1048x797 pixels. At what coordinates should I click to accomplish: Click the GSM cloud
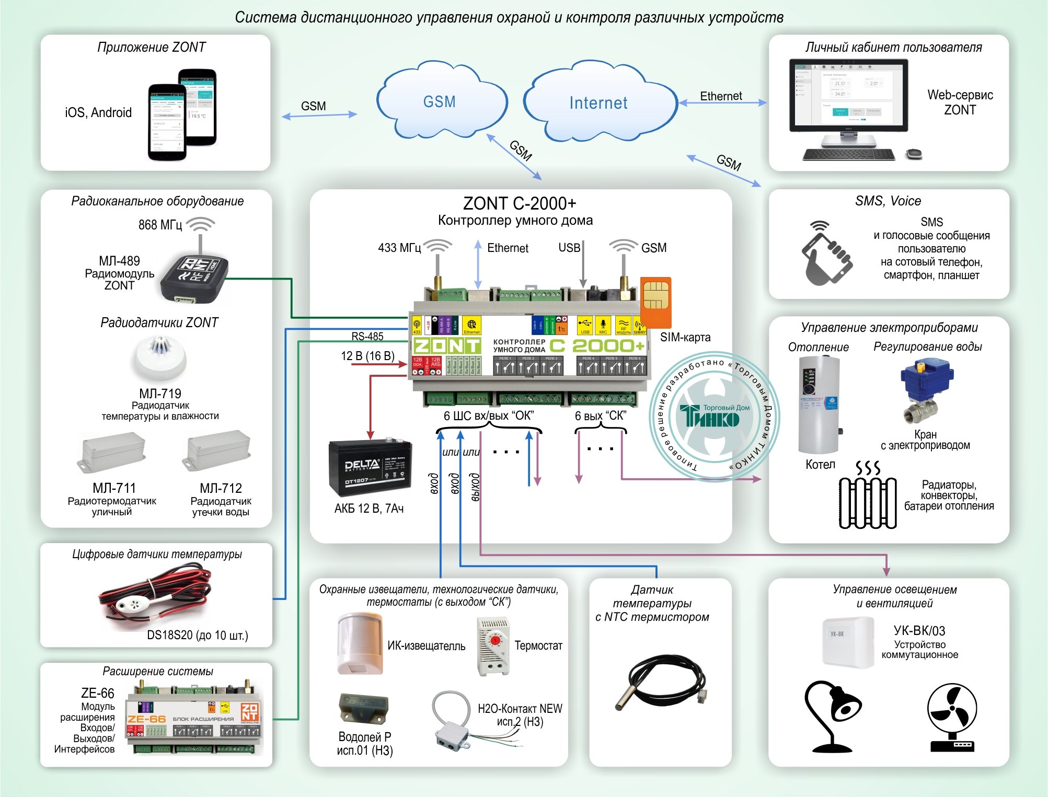point(440,101)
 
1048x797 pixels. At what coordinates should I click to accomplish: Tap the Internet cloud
point(598,103)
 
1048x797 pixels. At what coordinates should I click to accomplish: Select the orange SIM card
point(655,302)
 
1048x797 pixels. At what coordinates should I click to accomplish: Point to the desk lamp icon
point(832,716)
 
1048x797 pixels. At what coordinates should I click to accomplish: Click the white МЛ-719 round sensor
point(158,359)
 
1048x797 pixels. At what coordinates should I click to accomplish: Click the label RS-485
point(367,337)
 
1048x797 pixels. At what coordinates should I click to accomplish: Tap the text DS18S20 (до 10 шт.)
point(197,635)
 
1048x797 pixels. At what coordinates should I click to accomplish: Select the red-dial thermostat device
point(493,646)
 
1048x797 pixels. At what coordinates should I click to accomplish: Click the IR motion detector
point(360,644)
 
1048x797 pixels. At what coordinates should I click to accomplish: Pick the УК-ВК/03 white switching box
point(848,642)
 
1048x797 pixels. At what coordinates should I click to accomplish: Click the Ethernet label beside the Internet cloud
point(721,96)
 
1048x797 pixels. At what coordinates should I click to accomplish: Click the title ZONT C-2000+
point(520,203)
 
